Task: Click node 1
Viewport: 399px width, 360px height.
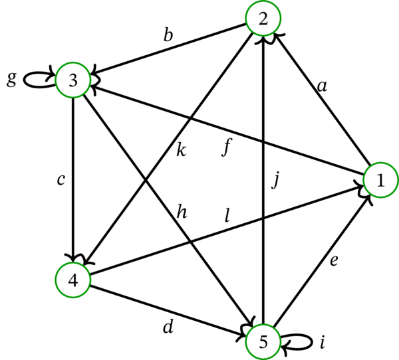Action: point(380,180)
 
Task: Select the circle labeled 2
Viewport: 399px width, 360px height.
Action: point(263,20)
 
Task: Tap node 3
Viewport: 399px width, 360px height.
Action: point(73,80)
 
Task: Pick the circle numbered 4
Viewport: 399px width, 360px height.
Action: point(72,280)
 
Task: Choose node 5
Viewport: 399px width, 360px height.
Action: point(263,341)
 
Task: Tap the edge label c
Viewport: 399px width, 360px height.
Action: point(61,179)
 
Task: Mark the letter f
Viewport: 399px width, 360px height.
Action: point(227,147)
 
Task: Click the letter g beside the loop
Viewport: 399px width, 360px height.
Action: point(11,79)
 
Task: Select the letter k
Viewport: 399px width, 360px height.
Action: point(181,149)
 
